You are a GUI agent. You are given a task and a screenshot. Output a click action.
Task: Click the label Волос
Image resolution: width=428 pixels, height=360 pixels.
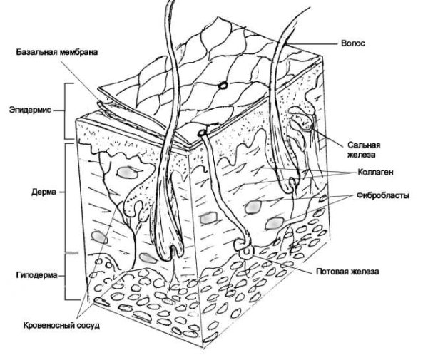coord(355,43)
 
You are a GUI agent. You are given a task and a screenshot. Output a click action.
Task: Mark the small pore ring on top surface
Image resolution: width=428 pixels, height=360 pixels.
coord(223,85)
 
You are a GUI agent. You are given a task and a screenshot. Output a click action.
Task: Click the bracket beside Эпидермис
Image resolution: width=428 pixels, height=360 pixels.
coord(68,111)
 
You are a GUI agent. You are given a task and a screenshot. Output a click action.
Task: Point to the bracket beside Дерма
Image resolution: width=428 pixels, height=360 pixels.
coord(68,196)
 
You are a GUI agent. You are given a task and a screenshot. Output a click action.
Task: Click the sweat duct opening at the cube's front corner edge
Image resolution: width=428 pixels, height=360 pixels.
coord(203,133)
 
